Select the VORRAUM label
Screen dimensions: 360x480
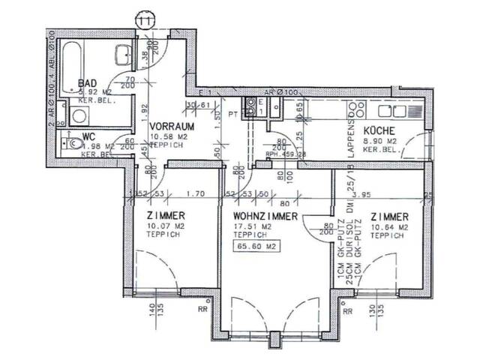168,126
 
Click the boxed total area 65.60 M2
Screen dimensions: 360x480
254,244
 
